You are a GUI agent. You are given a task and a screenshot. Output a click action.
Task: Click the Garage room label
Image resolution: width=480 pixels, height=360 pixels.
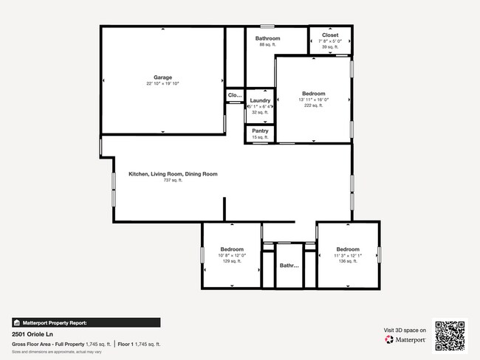pos(162,77)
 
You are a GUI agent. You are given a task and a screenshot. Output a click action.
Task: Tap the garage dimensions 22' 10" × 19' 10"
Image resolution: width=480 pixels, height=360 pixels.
pos(162,84)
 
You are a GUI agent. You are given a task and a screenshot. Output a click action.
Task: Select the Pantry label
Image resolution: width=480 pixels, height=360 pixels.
pos(260,131)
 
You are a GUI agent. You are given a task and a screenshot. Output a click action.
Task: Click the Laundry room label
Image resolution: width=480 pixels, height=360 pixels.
pos(260,100)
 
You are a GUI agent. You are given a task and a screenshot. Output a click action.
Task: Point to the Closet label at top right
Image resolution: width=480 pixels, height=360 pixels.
pos(330,35)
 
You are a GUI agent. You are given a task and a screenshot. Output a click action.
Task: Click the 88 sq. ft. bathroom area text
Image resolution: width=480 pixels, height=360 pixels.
pos(267,45)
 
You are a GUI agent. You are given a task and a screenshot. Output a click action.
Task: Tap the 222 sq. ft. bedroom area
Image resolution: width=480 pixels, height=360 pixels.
pos(313,105)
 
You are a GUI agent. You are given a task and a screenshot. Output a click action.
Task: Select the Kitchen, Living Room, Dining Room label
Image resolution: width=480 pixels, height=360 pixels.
pos(173,174)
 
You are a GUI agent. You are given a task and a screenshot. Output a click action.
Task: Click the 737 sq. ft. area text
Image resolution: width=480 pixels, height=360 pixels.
pos(172,181)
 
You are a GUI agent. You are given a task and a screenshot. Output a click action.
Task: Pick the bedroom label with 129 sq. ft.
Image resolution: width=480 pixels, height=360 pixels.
pos(231,249)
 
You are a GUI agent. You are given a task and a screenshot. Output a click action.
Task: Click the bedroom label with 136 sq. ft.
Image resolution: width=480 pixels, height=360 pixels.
pos(347,249)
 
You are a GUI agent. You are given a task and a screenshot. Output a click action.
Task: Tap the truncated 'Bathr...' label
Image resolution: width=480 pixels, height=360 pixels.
pos(289,266)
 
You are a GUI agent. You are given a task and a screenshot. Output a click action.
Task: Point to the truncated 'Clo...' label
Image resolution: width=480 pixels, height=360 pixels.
pos(235,95)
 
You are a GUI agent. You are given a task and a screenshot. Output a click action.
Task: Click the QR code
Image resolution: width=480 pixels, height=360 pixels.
pos(450,335)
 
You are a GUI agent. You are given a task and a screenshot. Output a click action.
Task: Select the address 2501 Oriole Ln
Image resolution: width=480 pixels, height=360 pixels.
pos(35,334)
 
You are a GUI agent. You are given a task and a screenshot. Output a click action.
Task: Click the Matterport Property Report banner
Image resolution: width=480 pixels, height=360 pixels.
pos(86,322)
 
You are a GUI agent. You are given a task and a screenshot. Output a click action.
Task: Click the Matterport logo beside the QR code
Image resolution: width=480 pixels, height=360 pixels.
pos(405,340)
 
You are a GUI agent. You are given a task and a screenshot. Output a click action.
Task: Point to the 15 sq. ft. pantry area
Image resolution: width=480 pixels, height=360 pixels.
pos(260,137)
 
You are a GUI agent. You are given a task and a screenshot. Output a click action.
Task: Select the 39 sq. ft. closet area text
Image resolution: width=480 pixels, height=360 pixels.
pos(330,46)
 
